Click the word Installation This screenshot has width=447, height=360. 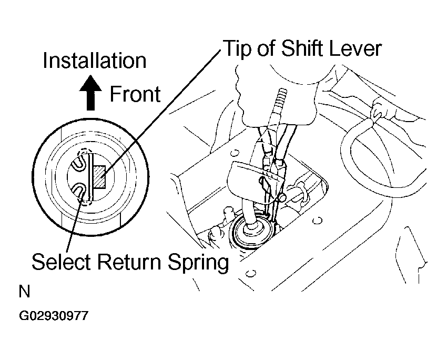pos(95,61)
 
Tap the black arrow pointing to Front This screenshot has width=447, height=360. pos(90,93)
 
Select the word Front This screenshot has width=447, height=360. pos(135,94)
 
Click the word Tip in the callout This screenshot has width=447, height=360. pos(239,49)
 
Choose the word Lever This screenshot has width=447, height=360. pos(355,48)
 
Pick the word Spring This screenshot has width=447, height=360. pos(198,263)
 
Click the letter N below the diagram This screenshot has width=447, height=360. pos(24,292)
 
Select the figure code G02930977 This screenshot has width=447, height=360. pos(54,316)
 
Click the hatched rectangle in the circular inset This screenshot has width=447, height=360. pos(100,176)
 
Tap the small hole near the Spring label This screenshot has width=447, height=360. pos(250,274)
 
